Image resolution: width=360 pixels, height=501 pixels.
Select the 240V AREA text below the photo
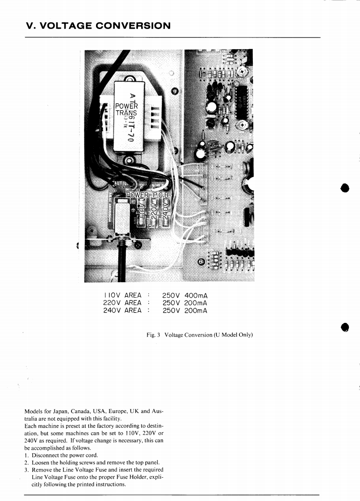[x=122, y=311]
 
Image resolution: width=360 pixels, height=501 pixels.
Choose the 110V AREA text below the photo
[x=122, y=296]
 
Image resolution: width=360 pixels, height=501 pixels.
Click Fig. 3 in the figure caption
[x=154, y=335]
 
